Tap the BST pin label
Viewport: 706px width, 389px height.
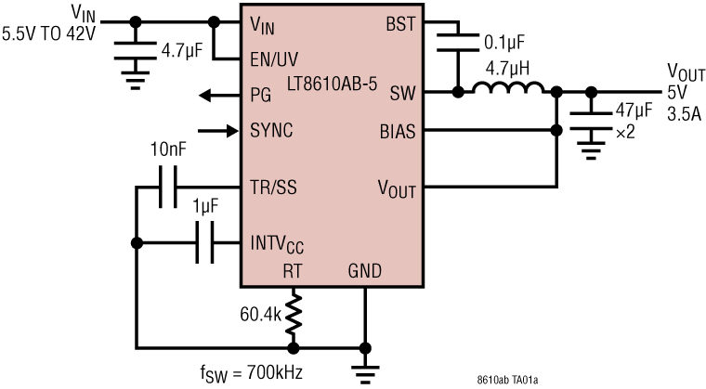[400, 22]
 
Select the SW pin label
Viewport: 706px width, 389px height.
[403, 93]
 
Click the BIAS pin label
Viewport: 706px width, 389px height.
[397, 130]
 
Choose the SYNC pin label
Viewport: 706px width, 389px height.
[272, 130]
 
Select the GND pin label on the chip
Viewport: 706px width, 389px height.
[365, 271]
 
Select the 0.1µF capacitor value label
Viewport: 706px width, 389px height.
[505, 42]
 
